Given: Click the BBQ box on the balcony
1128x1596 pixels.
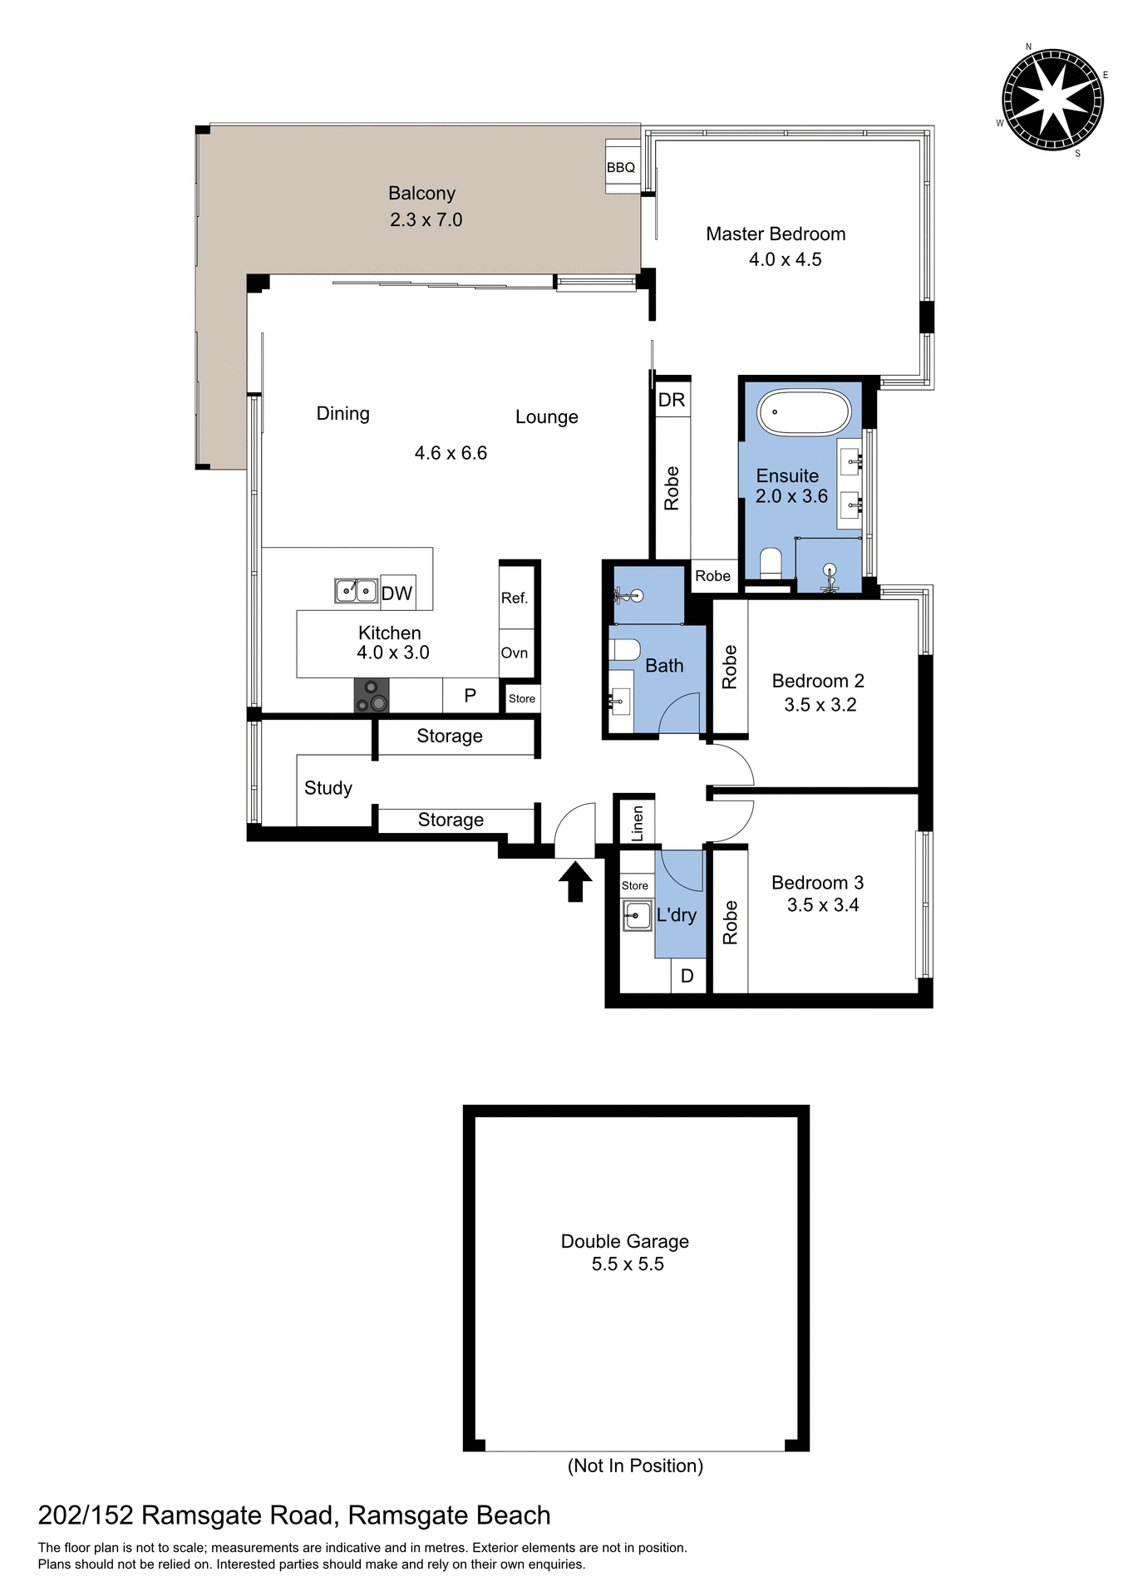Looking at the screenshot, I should [621, 167].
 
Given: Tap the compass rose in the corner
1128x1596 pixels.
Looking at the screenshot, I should [1052, 100].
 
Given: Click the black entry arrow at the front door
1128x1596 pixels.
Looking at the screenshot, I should [574, 882].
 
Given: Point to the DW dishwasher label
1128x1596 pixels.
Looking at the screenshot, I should [397, 593].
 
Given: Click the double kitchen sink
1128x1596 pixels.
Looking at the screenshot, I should [356, 590].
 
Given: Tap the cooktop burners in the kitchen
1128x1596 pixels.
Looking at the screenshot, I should [372, 696].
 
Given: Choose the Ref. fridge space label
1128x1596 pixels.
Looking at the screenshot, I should [515, 598].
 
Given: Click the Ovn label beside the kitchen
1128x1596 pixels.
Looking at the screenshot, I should [515, 653].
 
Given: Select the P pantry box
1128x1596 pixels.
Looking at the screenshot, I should [470, 696].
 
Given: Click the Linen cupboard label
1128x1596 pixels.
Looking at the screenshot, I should [638, 823].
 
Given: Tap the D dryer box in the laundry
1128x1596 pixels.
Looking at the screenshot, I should [687, 976].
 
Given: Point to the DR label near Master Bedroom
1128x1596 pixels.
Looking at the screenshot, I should [672, 400].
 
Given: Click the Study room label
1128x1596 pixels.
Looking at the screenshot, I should [328, 787].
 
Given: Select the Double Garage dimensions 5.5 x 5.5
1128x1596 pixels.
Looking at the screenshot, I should [628, 1264].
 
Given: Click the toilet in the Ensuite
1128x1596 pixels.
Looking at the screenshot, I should [771, 563].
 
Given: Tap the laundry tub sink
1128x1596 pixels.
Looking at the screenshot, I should [638, 915].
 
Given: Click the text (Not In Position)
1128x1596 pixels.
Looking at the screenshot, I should [635, 1465].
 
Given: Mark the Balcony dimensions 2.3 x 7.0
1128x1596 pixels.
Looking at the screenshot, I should [426, 219].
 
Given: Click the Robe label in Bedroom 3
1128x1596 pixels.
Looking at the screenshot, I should [730, 922].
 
